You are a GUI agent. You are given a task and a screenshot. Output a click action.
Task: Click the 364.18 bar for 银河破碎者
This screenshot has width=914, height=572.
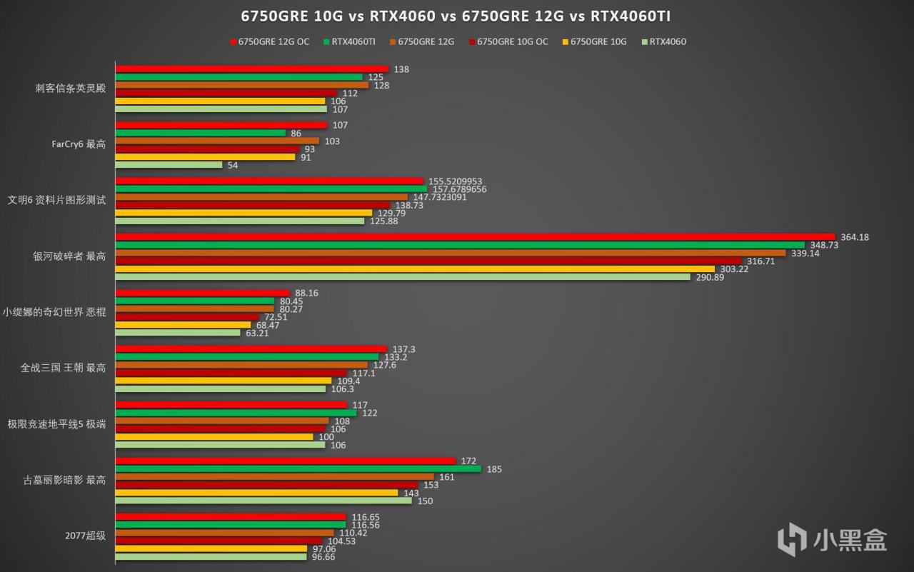tap(475, 237)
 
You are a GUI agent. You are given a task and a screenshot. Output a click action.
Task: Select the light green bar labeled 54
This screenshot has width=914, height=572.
tap(169, 165)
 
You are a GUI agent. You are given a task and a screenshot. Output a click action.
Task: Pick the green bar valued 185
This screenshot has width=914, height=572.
tap(298, 469)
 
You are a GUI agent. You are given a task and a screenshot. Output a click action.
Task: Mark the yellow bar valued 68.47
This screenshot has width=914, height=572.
tap(184, 325)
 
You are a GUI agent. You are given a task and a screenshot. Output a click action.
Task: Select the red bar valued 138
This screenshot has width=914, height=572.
tap(251, 69)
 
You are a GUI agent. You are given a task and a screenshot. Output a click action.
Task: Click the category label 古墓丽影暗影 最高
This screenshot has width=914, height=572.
tap(65, 480)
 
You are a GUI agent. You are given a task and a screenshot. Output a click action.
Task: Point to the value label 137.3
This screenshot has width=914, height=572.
tap(404, 349)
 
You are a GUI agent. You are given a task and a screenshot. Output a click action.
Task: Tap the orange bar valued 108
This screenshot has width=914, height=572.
tap(222, 421)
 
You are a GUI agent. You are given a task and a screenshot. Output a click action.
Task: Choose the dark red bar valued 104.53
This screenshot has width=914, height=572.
tap(219, 541)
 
